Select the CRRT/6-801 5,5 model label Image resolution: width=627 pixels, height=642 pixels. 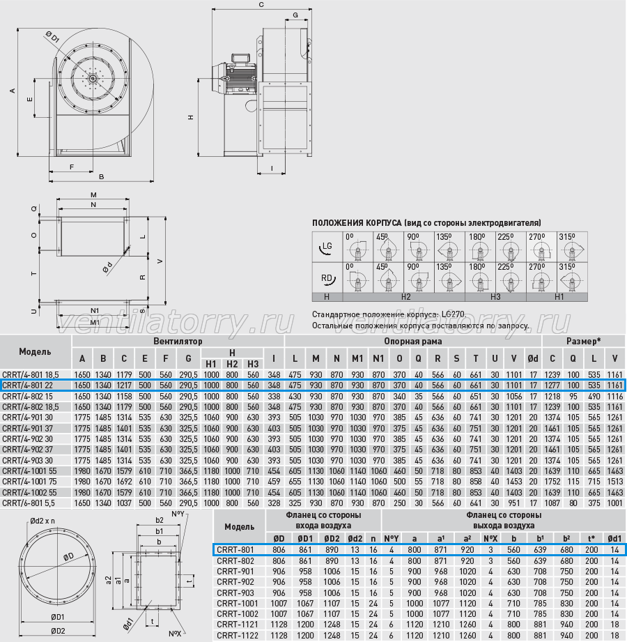29,503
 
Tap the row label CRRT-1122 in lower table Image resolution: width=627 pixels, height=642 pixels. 238,636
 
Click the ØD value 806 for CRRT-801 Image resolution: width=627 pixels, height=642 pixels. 279,550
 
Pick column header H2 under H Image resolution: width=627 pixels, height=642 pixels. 232,364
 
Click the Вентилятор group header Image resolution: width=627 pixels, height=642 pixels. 178,341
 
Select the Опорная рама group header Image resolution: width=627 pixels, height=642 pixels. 412,341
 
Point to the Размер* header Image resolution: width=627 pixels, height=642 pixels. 584,341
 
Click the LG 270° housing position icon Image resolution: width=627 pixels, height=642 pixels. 541,247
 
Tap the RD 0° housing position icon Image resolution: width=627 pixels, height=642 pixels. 357,278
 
